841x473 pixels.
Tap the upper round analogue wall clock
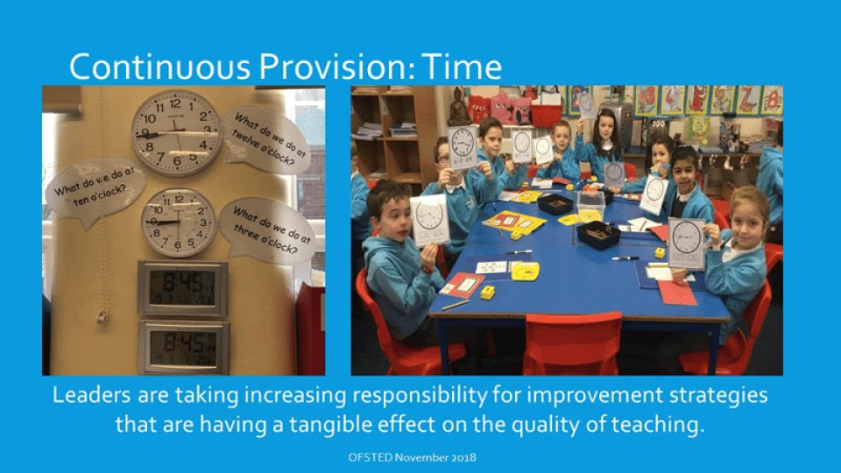pos(176,132)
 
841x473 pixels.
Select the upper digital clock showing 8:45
pos(182,288)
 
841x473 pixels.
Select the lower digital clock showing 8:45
pos(183,346)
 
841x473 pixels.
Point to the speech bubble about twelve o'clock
pos(265,140)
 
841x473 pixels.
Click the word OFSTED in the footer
pos(370,457)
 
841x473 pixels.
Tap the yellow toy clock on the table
pos(524,270)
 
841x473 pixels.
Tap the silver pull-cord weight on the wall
pos(103,317)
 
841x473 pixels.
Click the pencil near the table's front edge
pos(456,305)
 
